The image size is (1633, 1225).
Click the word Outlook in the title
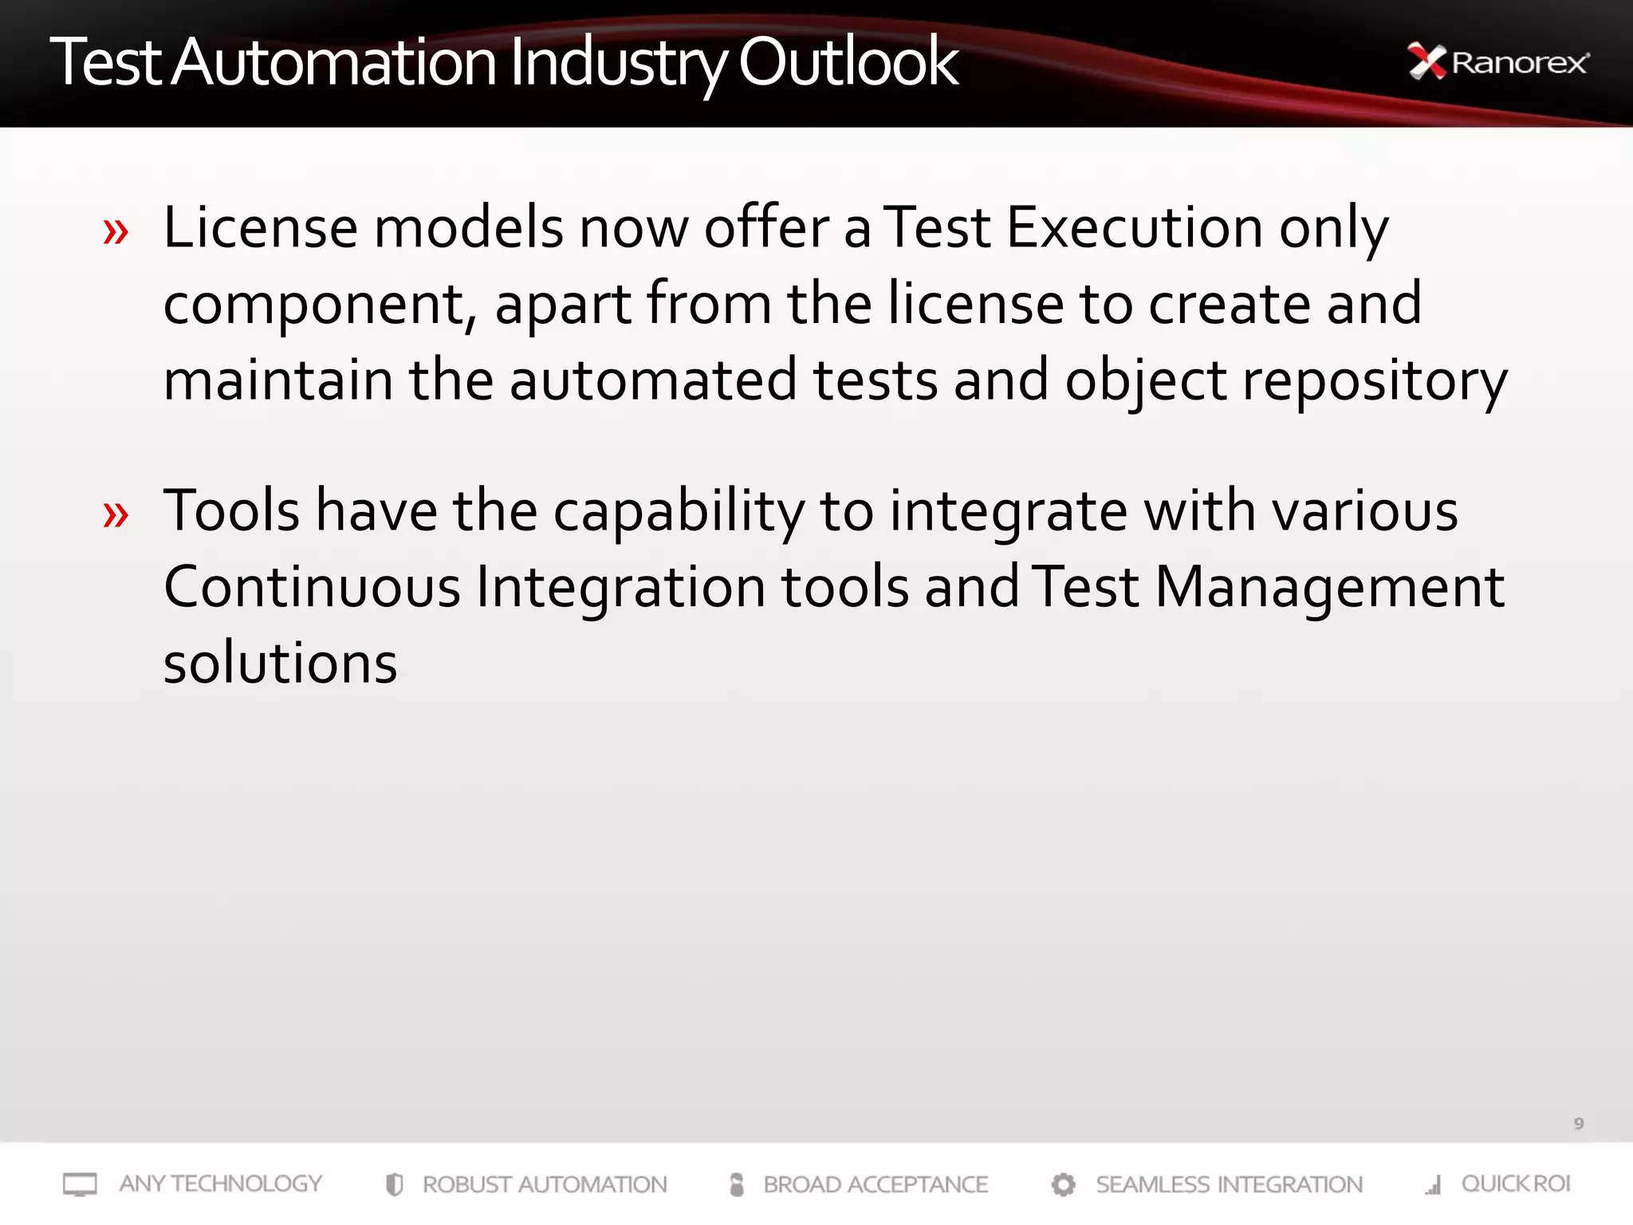[x=848, y=62]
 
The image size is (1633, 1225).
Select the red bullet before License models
[x=116, y=232]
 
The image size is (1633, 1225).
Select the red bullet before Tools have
[x=116, y=514]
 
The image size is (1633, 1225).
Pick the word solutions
[x=280, y=664]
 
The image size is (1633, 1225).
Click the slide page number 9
[x=1578, y=1124]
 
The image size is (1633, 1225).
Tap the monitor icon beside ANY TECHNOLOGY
[x=80, y=1184]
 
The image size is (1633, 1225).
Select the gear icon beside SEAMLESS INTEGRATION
[x=1063, y=1184]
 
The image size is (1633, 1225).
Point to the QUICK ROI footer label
[x=1515, y=1184]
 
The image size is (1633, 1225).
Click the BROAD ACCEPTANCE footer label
[x=876, y=1184]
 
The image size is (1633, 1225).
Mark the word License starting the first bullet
[x=260, y=228]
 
